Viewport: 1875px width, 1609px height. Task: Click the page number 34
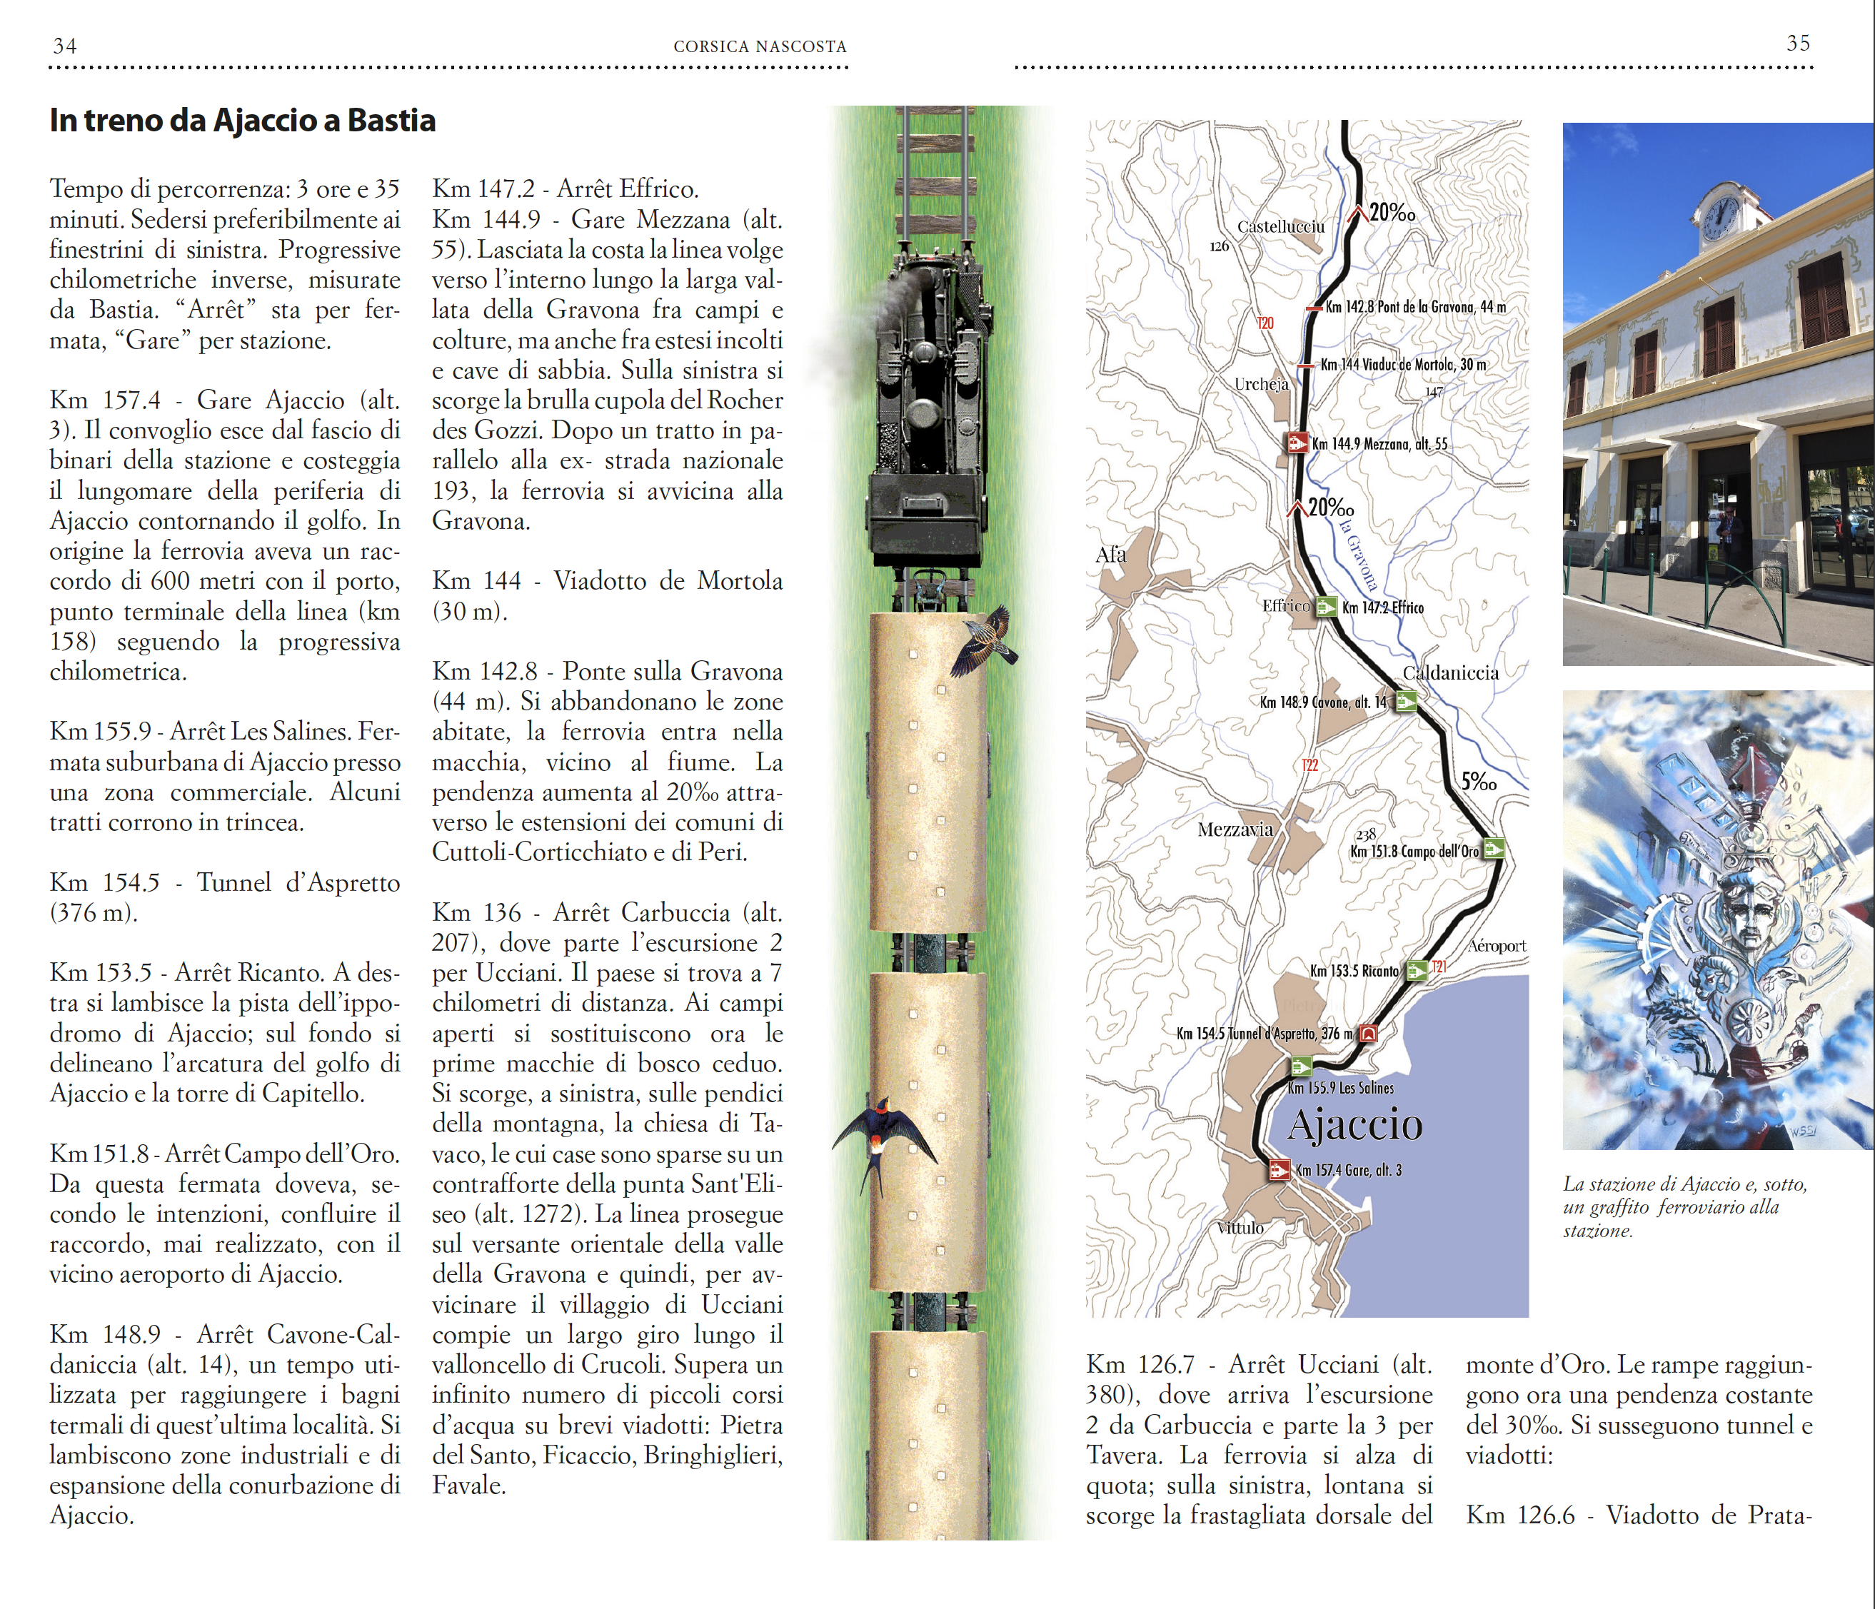pyautogui.click(x=65, y=45)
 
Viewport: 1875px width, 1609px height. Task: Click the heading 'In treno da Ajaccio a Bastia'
pyautogui.click(x=243, y=121)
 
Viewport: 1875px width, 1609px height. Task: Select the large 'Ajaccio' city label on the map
pyautogui.click(x=1354, y=1125)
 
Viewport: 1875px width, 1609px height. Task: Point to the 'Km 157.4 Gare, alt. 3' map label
pyautogui.click(x=1347, y=1170)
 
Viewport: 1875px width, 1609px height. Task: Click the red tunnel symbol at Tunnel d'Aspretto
pyautogui.click(x=1368, y=1032)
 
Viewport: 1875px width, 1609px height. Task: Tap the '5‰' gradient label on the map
pyautogui.click(x=1479, y=781)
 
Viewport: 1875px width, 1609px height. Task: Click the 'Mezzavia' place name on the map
pyautogui.click(x=1235, y=829)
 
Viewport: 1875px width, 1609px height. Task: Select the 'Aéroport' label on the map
pyautogui.click(x=1497, y=946)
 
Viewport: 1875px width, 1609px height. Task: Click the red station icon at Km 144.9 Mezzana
pyautogui.click(x=1297, y=443)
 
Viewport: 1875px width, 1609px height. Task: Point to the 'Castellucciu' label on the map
pyautogui.click(x=1280, y=226)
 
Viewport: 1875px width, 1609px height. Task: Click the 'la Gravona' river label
pyautogui.click(x=1358, y=552)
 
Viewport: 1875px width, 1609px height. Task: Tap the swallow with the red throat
pyautogui.click(x=880, y=1138)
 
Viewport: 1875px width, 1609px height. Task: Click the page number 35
pyautogui.click(x=1797, y=43)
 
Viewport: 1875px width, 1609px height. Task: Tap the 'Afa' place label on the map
pyautogui.click(x=1110, y=555)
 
